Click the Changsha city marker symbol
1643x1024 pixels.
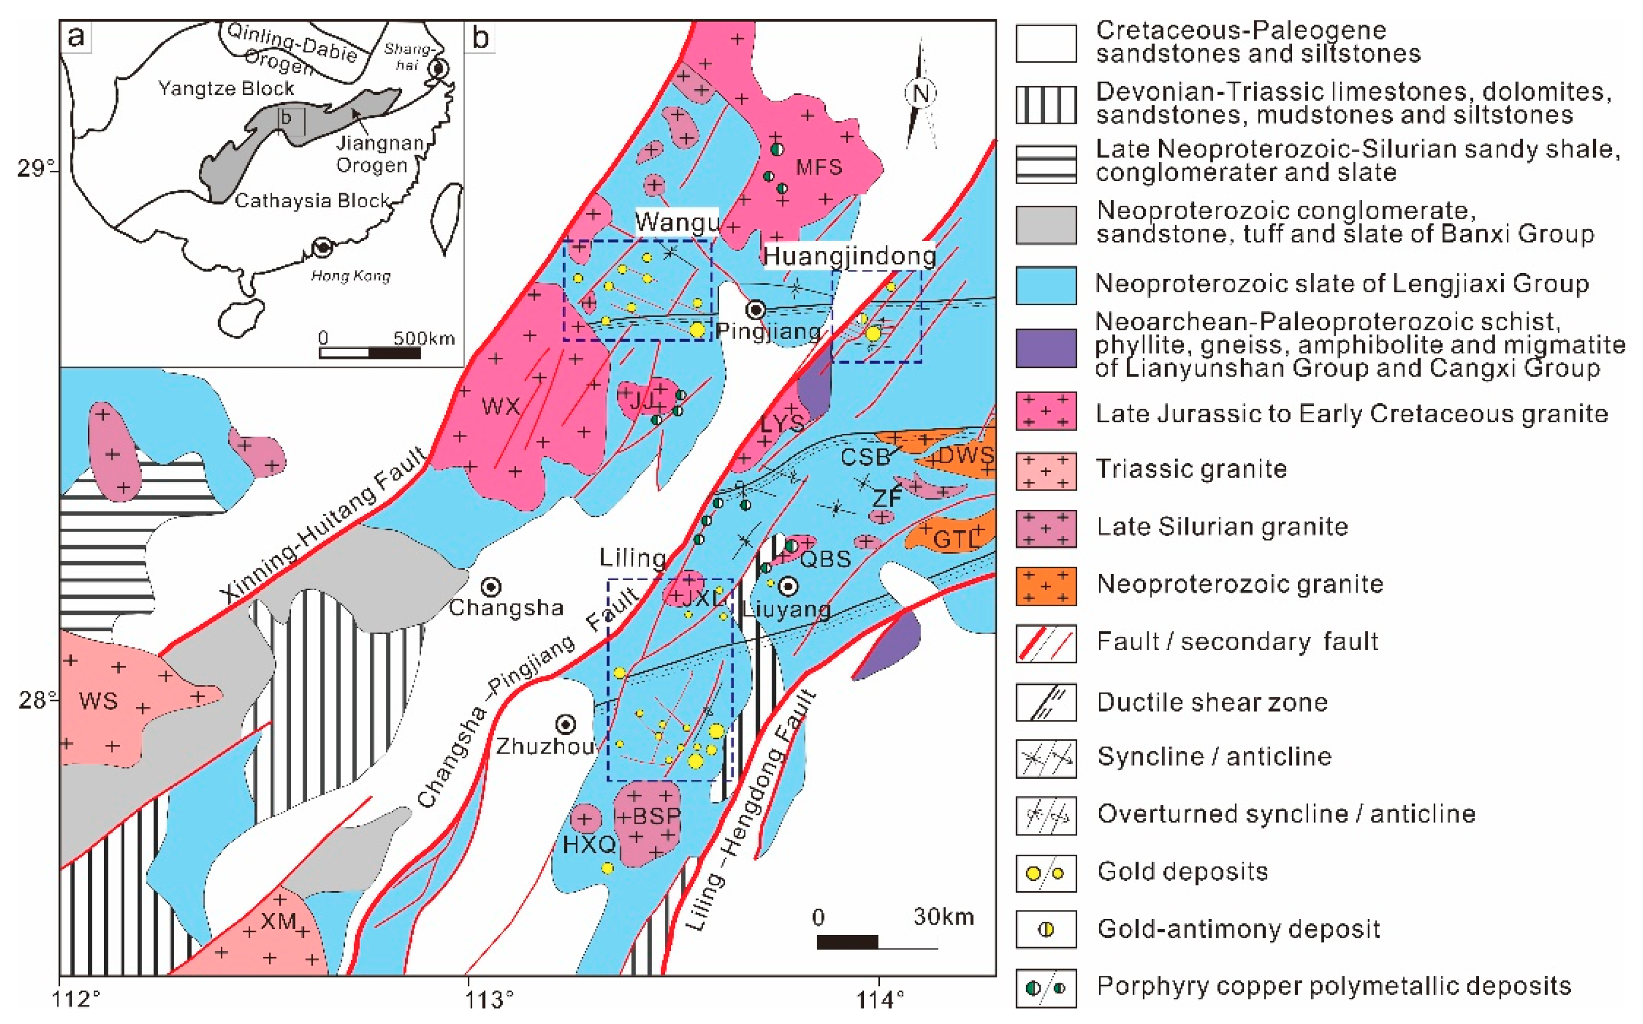click(x=491, y=586)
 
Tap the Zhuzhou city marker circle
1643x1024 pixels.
click(x=566, y=724)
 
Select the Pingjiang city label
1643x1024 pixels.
click(x=767, y=331)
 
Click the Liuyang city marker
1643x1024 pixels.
click(x=788, y=586)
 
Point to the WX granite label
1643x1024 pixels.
click(x=501, y=406)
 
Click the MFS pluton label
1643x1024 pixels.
click(x=818, y=167)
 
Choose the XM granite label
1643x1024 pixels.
click(x=279, y=922)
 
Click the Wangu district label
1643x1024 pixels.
click(x=676, y=222)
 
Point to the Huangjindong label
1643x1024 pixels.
click(x=849, y=256)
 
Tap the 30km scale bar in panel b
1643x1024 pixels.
click(x=877, y=942)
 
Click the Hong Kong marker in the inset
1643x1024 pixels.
click(x=323, y=248)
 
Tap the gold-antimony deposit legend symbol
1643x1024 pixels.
click(x=1045, y=929)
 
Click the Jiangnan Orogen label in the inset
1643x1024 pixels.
click(x=379, y=154)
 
